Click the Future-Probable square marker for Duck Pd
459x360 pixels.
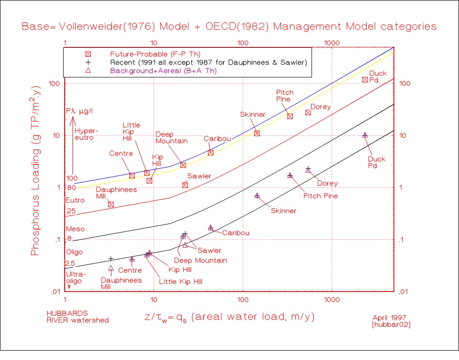coord(365,80)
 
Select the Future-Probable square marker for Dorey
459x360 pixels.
coord(308,112)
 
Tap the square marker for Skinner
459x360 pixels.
coord(257,134)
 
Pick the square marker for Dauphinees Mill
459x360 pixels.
coord(111,204)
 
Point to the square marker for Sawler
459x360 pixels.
coord(185,185)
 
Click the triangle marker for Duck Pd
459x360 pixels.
coord(365,135)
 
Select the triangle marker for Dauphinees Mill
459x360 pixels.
coord(111,268)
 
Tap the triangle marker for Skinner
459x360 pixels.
coord(257,195)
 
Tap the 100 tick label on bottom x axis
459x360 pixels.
coord(243,300)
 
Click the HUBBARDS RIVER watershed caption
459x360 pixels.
coord(77,316)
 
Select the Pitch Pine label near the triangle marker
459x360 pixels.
coord(321,196)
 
